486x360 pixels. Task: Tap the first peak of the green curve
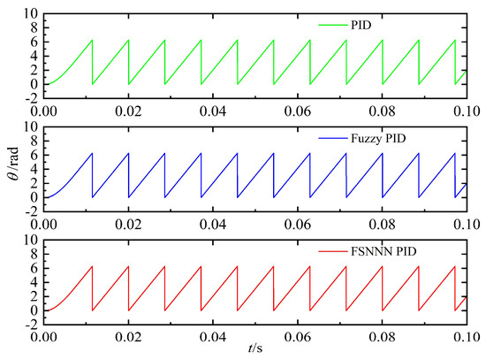[91, 41]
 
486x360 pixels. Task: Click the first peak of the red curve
[91, 267]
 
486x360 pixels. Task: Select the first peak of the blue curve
[91, 154]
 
